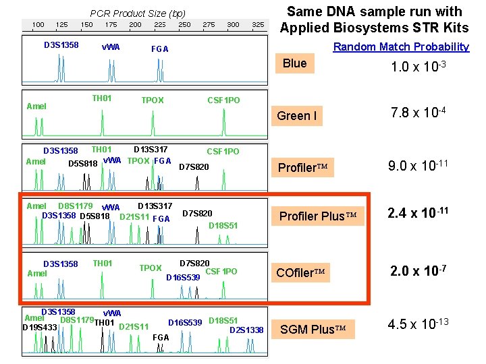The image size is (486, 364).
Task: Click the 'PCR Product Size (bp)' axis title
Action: click(x=138, y=13)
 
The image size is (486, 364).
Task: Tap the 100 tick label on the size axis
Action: click(x=38, y=25)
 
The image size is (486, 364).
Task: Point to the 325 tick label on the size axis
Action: click(x=257, y=25)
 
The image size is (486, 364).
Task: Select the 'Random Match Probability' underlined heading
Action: click(x=401, y=47)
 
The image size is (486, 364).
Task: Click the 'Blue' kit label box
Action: click(x=295, y=63)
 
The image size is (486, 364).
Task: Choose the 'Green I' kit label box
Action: click(x=296, y=115)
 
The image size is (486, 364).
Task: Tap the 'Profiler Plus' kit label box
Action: click(x=317, y=216)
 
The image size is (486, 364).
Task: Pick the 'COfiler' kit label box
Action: click(x=300, y=273)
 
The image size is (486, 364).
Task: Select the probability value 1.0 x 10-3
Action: click(x=420, y=68)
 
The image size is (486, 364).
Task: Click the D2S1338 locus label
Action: click(x=246, y=330)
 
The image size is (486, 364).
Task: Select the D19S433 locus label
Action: click(x=40, y=328)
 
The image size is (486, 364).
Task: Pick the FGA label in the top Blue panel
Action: click(x=160, y=49)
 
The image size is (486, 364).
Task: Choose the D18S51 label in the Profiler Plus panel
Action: click(x=223, y=225)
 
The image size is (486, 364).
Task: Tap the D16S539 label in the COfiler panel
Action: click(x=183, y=277)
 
